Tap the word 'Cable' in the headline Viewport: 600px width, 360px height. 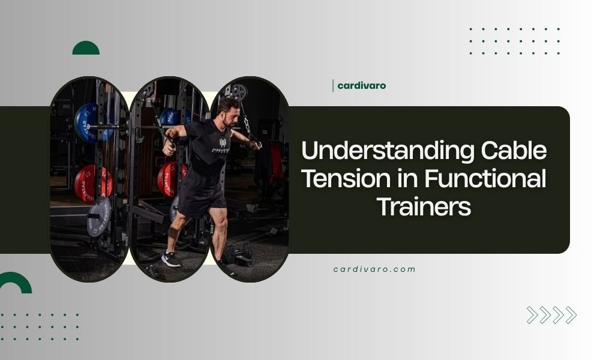coord(514,151)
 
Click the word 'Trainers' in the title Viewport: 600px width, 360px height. coord(424,206)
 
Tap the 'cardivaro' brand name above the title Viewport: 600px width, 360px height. coord(361,86)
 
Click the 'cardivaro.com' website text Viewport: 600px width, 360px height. coord(374,269)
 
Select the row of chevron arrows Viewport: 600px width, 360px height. coord(551,315)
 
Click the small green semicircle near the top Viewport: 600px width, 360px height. coord(86,49)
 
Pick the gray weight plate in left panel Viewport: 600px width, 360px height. coord(98,216)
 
